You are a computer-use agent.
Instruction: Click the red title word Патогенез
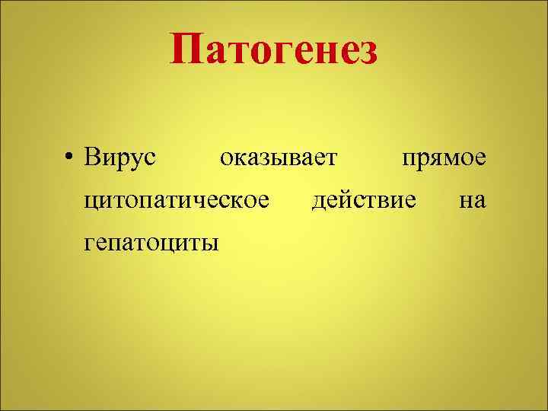(274, 50)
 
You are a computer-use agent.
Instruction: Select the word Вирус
(120, 158)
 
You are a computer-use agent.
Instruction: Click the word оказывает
(278, 158)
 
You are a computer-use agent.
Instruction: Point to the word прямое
(444, 158)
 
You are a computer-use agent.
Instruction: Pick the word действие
(365, 200)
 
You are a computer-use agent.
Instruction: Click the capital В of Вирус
(92, 158)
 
